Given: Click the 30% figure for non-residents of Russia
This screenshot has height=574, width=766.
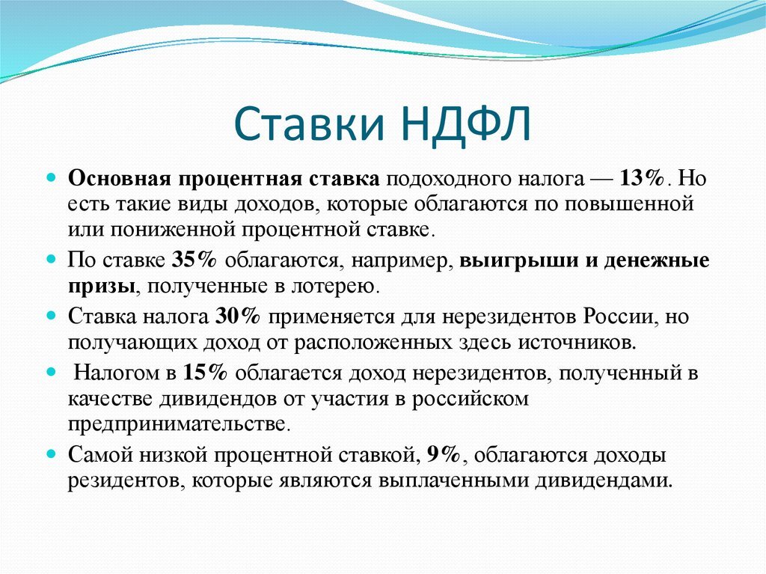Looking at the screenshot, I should (x=237, y=317).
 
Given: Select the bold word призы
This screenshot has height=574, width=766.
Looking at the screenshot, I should (x=102, y=286).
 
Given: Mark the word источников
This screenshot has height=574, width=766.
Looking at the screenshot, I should (x=577, y=342).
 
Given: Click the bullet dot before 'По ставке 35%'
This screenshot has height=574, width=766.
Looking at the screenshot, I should (x=52, y=258).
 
